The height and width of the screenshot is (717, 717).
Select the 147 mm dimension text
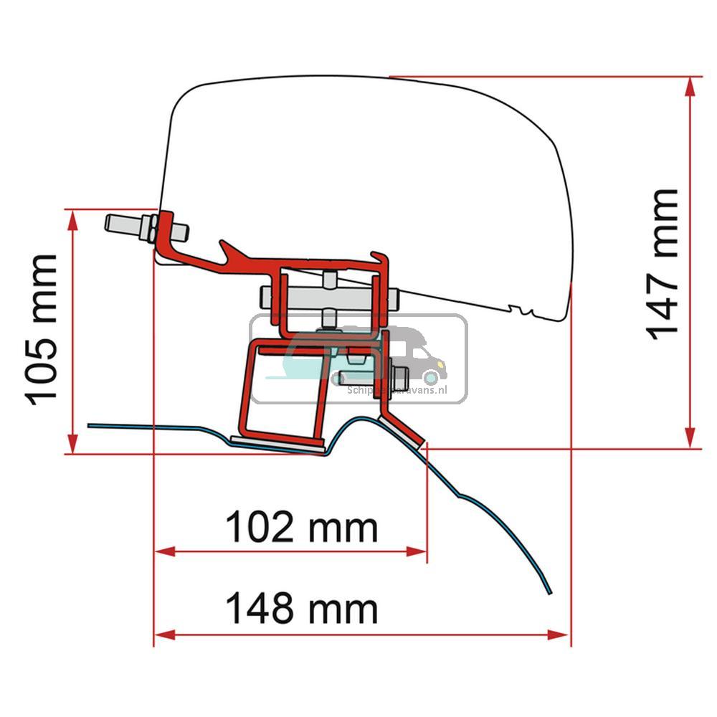(661, 264)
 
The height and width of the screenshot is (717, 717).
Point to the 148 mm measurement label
(301, 609)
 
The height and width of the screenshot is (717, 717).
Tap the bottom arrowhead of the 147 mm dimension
(690, 437)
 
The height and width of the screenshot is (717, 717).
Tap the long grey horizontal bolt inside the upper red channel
(323, 295)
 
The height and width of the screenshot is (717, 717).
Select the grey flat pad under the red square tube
(280, 445)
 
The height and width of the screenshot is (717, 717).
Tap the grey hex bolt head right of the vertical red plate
(399, 374)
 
